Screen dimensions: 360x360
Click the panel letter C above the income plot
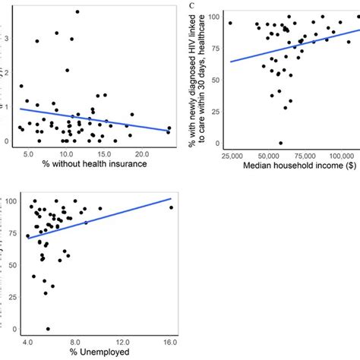click(x=192, y=6)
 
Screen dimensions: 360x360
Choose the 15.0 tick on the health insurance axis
click(x=115, y=154)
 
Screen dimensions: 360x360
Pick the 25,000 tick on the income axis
click(x=229, y=155)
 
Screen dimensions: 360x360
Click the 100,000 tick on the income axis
click(x=331, y=155)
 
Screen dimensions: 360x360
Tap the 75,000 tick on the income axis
click(x=298, y=155)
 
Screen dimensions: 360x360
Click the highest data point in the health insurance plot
click(x=77, y=12)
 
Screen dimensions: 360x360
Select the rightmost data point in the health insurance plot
click(x=169, y=128)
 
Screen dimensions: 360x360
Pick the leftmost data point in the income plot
click(x=230, y=24)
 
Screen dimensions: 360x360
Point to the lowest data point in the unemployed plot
click(x=48, y=329)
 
